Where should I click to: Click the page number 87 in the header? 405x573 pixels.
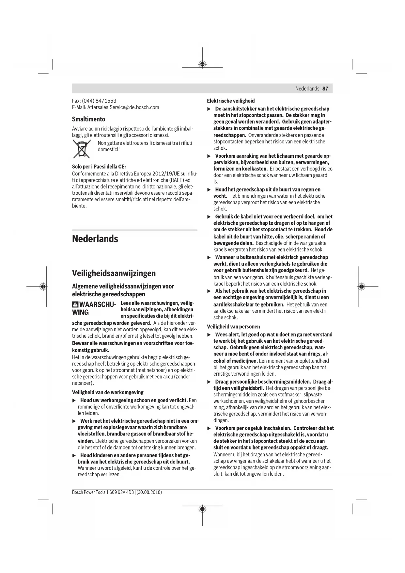[x=325, y=89]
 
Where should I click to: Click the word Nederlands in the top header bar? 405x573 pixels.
[x=307, y=89]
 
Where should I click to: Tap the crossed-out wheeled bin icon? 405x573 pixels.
[x=82, y=149]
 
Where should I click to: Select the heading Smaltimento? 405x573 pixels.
[x=88, y=119]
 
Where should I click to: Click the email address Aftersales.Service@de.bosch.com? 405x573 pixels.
[x=123, y=107]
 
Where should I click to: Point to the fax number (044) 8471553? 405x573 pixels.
[x=99, y=101]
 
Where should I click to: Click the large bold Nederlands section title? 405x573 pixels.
[x=95, y=239]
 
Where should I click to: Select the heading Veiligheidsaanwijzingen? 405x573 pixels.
[x=114, y=273]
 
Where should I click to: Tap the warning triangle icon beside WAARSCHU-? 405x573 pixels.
[x=75, y=304]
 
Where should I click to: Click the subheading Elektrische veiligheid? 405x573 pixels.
[x=231, y=101]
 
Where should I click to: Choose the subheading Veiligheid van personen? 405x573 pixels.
[x=233, y=327]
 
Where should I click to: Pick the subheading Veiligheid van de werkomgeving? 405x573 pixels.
[x=108, y=392]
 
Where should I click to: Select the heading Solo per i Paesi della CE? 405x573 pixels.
[x=99, y=167]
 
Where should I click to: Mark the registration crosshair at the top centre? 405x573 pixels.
[x=202, y=64]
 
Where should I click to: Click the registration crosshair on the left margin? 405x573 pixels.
[x=43, y=286]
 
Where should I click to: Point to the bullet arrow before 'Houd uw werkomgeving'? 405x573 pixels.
[x=74, y=401]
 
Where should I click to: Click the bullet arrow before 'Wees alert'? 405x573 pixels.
[x=209, y=335]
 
